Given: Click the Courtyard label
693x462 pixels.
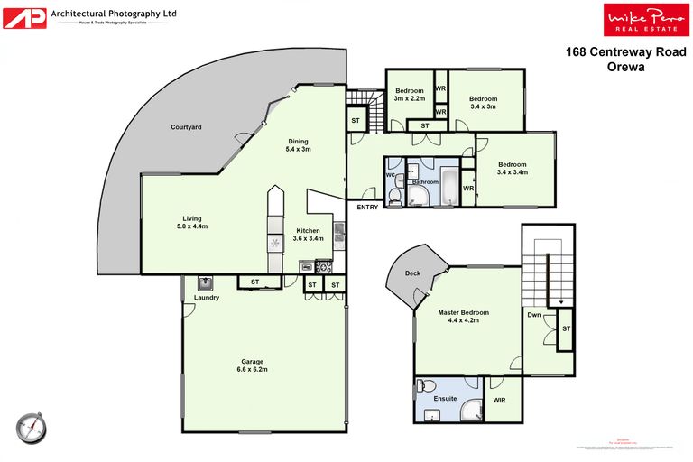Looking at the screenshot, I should (186, 127).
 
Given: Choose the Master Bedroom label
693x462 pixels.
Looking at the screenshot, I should (457, 313).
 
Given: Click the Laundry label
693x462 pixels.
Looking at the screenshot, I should (207, 297).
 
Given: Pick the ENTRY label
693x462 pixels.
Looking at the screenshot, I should (367, 208).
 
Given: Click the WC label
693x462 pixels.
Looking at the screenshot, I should (391, 175).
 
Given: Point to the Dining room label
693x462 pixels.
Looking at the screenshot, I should (298, 141).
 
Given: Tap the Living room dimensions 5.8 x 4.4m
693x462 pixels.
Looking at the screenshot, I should (192, 226).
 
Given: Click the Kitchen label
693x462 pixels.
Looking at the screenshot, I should (308, 231).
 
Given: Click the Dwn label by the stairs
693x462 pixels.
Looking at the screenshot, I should (534, 315).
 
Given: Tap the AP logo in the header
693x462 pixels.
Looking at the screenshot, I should (23, 16).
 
